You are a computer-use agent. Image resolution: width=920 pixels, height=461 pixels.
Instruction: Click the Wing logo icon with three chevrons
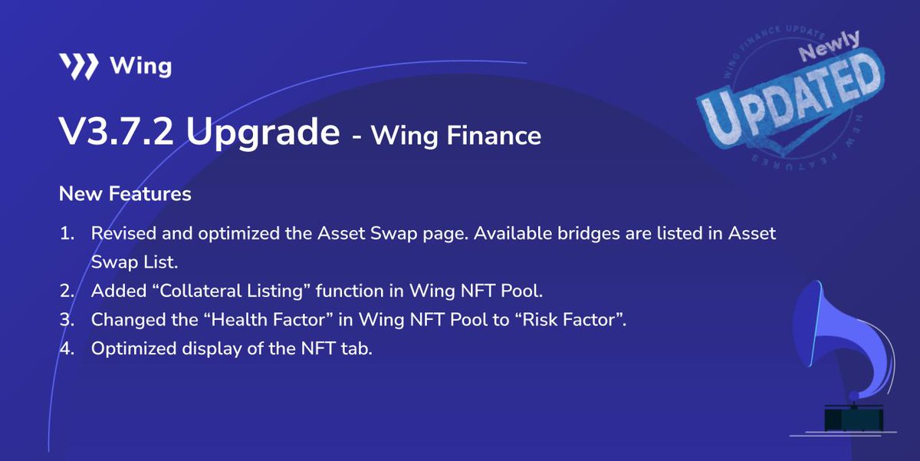click(x=78, y=67)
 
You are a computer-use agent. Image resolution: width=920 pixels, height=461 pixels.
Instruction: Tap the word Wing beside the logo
click(x=140, y=67)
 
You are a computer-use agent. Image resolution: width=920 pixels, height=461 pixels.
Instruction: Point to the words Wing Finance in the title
click(x=456, y=137)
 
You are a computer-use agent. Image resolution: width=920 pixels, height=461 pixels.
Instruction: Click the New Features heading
click(x=125, y=194)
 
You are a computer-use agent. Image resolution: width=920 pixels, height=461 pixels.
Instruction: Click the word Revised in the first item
click(x=120, y=233)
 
